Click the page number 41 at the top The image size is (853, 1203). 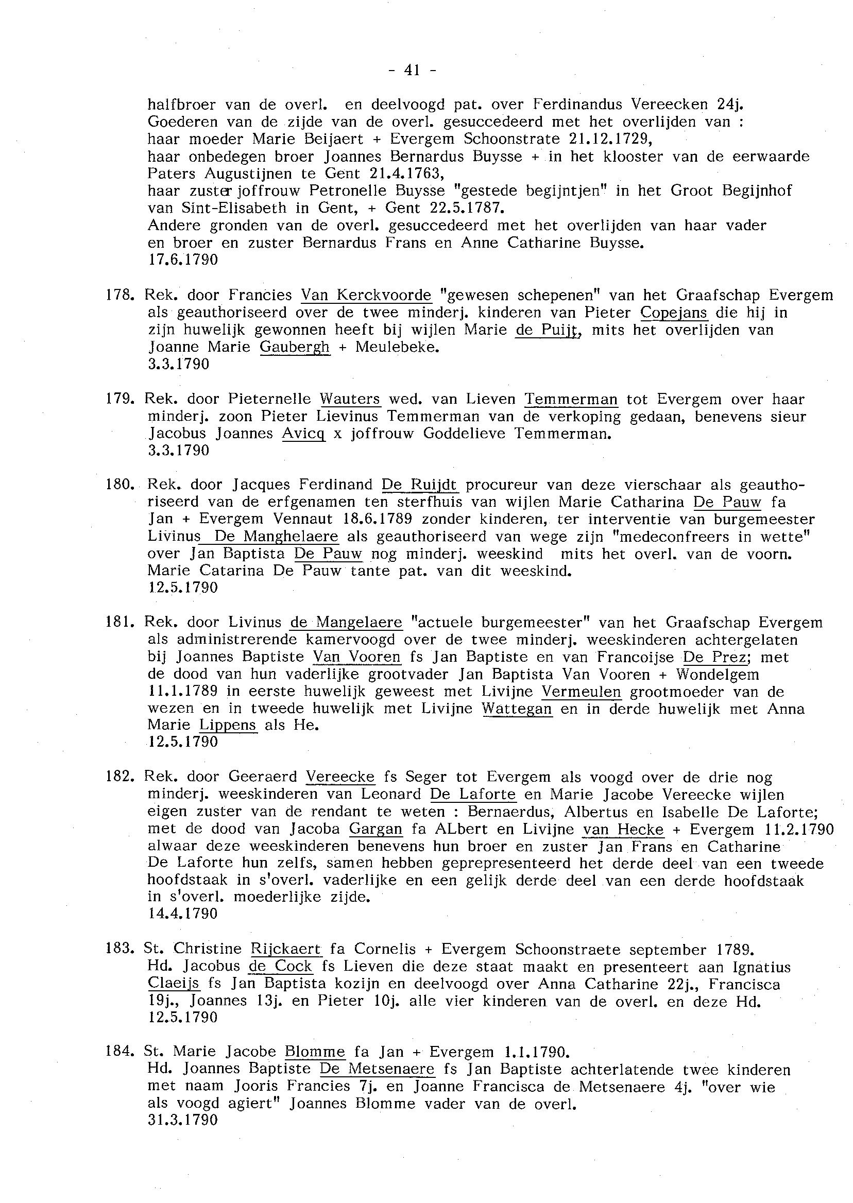(x=412, y=70)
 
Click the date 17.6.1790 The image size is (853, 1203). (x=183, y=260)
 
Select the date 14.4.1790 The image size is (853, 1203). (x=183, y=914)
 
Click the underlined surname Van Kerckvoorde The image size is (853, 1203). (x=366, y=295)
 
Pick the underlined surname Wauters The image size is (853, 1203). (x=350, y=399)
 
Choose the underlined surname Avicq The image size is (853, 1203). (x=303, y=434)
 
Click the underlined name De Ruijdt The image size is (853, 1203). (x=419, y=484)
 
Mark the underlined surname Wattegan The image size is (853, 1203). (x=517, y=710)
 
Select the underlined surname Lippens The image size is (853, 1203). (x=228, y=726)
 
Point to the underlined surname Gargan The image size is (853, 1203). (x=376, y=829)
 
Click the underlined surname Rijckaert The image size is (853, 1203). (x=285, y=950)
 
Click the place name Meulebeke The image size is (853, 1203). (x=397, y=347)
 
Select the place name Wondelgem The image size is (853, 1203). (x=718, y=674)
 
